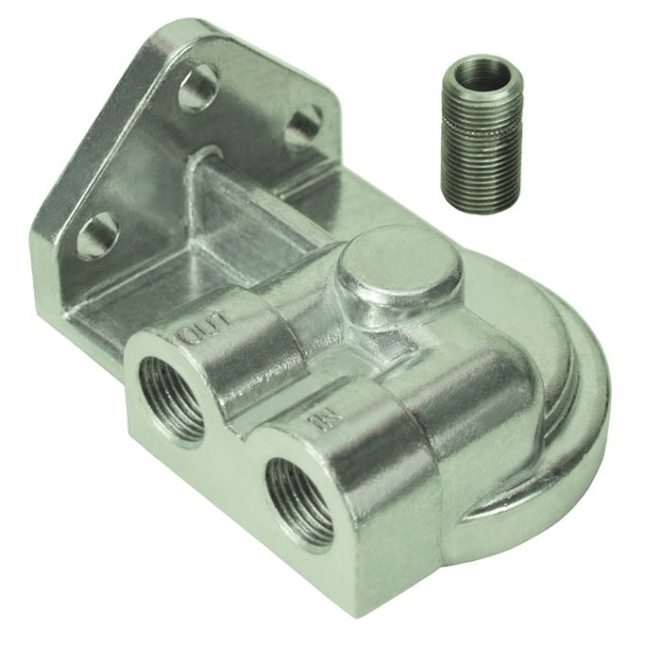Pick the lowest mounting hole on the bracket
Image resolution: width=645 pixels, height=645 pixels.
tap(97, 235)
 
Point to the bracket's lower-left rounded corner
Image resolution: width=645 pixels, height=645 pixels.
tap(42, 236)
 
